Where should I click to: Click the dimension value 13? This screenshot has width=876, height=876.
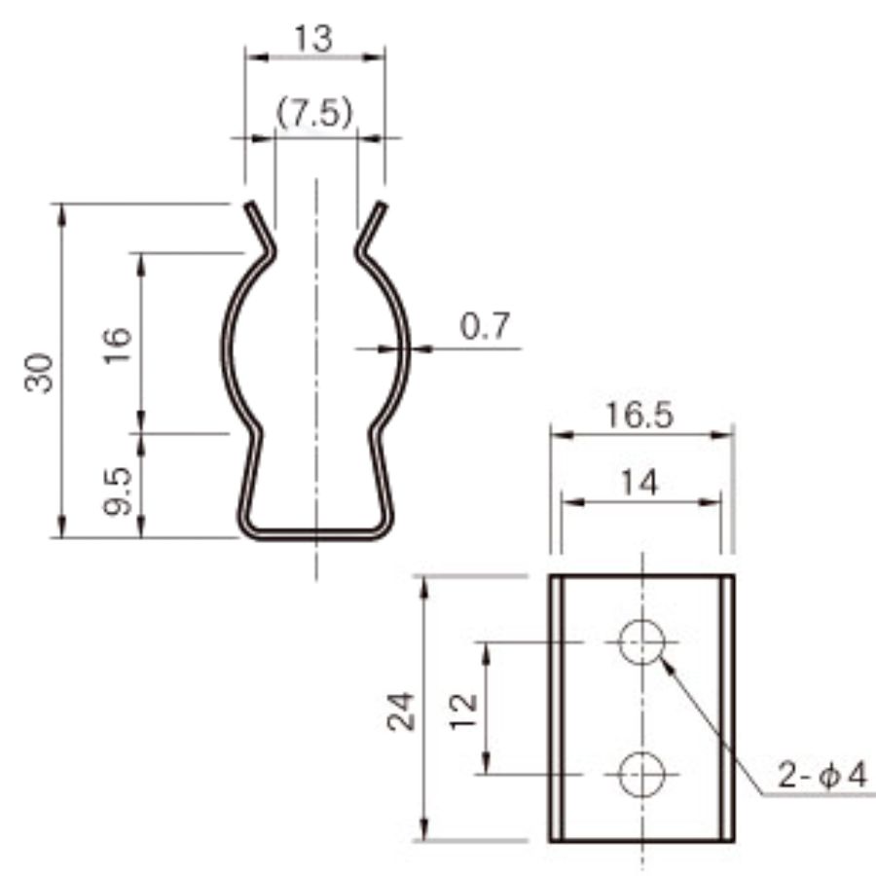(x=313, y=39)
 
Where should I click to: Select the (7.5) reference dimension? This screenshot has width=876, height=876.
(x=315, y=114)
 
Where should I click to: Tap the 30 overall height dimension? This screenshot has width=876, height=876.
(x=39, y=373)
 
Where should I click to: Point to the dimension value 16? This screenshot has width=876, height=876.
(x=118, y=346)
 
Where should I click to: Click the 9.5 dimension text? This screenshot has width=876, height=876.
(x=118, y=491)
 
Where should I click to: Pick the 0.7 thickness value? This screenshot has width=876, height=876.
(x=485, y=326)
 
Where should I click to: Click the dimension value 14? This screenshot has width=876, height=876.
(x=640, y=482)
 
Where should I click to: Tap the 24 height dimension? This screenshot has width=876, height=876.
(x=401, y=712)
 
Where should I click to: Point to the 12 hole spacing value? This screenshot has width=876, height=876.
(x=463, y=712)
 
